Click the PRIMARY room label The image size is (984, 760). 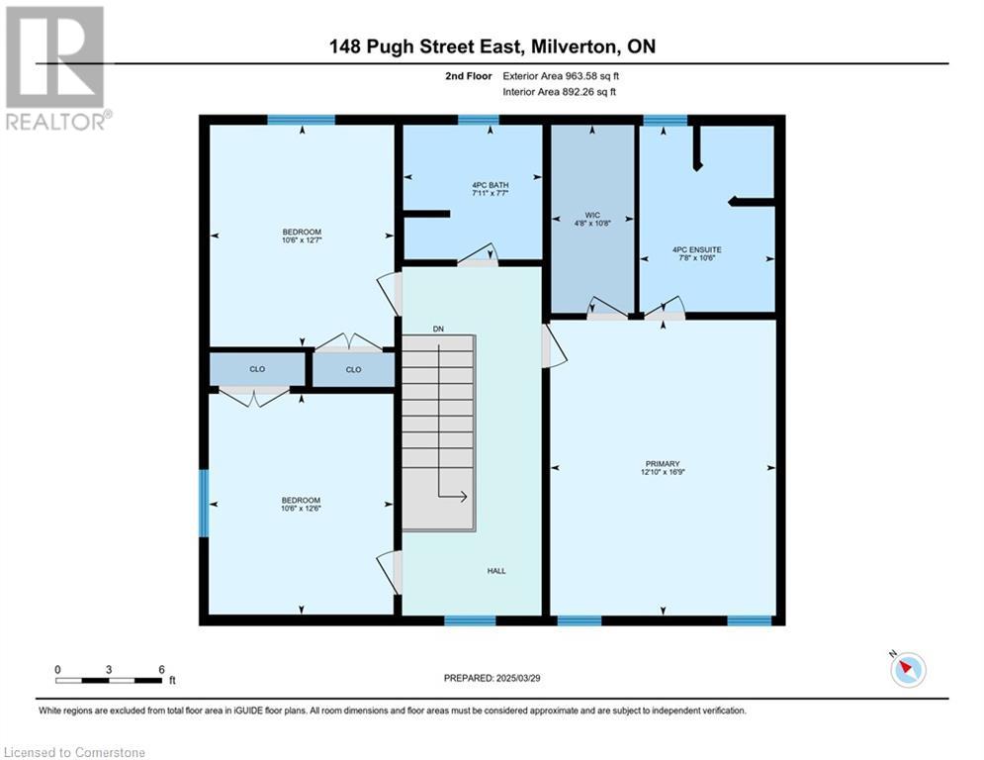(662, 463)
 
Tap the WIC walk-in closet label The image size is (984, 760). (591, 215)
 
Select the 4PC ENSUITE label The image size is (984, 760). (696, 249)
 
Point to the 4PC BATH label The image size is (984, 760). (491, 185)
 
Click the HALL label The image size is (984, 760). (496, 571)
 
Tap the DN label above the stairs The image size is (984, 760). (438, 329)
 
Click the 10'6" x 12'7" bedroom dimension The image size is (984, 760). (302, 239)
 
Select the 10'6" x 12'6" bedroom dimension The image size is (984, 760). (302, 509)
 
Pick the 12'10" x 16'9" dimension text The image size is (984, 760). (663, 472)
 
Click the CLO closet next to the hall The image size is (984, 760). (353, 369)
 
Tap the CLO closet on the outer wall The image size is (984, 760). (257, 369)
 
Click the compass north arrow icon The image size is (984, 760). (908, 669)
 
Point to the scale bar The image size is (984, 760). (109, 680)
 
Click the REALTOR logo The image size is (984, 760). (57, 68)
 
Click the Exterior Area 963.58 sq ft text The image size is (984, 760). (561, 76)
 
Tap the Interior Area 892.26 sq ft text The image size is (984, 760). (559, 92)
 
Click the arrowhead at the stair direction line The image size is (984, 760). (463, 496)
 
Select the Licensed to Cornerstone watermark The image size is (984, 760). (74, 752)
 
